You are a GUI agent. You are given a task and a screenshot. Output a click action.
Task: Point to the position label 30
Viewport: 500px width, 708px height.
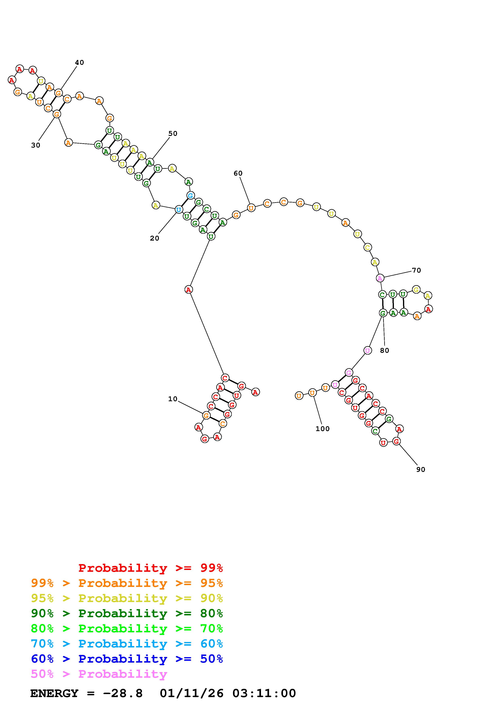[35, 145]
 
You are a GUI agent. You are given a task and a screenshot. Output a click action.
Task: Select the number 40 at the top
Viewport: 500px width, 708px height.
[79, 62]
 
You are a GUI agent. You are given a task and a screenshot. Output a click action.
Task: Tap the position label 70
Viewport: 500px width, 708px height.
[416, 270]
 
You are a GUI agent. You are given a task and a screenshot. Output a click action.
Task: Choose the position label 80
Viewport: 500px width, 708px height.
[384, 351]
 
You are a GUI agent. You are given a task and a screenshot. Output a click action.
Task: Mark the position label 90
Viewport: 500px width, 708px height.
[421, 470]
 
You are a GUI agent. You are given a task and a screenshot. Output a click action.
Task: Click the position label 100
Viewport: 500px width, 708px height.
[322, 429]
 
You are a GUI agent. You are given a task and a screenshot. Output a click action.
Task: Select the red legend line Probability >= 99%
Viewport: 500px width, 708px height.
[151, 568]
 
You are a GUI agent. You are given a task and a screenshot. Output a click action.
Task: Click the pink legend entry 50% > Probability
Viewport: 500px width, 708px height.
[99, 674]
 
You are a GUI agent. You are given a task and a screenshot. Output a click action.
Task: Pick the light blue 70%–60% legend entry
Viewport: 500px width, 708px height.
[127, 644]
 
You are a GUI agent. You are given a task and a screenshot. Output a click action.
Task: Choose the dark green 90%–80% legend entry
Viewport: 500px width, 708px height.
[127, 614]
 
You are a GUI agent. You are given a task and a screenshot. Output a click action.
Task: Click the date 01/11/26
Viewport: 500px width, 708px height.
[192, 693]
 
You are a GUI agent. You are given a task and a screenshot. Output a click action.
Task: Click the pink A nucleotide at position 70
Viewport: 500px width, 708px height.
[380, 278]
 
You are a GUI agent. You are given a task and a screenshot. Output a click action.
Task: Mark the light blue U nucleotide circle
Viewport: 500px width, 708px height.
[178, 210]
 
